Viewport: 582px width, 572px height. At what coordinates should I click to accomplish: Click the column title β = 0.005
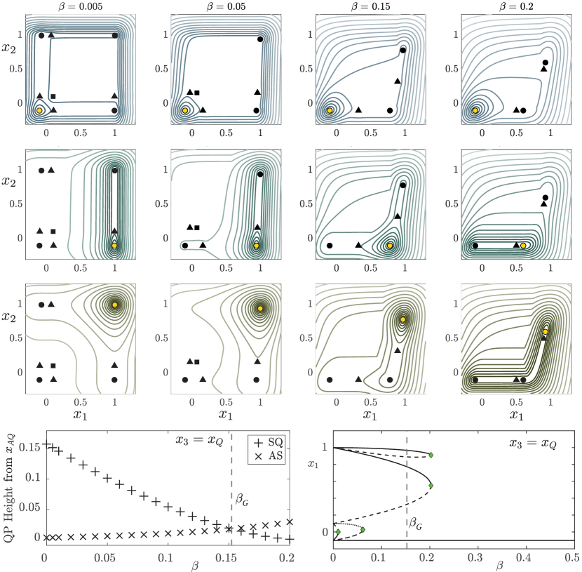80,6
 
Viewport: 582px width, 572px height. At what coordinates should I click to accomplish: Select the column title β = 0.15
371,6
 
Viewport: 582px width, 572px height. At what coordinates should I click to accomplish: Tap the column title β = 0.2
516,6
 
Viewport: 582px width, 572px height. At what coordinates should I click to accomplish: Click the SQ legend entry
269,442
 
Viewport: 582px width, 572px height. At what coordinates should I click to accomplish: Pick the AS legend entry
269,455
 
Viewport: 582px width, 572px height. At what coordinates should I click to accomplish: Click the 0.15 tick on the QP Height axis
29,447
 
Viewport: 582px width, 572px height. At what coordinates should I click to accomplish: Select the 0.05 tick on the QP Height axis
29,507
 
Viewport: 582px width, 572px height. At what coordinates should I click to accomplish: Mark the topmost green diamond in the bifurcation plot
431,455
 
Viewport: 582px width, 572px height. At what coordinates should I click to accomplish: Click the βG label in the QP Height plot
242,500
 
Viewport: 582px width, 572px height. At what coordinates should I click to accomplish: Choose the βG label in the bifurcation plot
415,524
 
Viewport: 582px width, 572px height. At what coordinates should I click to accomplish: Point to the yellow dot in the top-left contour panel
39,110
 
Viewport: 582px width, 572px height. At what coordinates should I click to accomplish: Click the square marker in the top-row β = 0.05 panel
197,93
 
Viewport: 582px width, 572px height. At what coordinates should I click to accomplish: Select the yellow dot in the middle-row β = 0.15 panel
390,246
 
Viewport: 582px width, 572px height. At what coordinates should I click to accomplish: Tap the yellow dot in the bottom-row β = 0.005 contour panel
115,305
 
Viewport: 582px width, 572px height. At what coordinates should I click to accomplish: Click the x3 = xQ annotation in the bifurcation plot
533,443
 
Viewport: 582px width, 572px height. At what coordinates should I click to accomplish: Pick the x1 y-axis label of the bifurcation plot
313,464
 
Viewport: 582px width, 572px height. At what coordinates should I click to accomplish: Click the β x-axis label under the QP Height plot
195,566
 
